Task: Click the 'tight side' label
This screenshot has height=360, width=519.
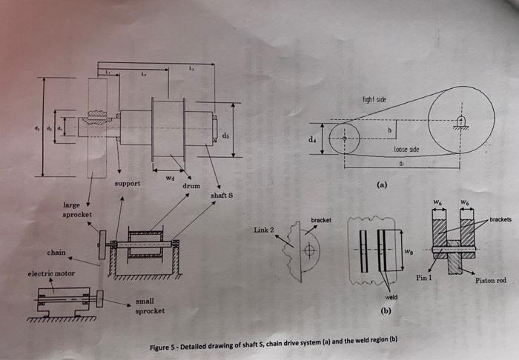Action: [x=374, y=99]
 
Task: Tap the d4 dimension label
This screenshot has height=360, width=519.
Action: [x=312, y=139]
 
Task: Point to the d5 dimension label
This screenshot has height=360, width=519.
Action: [x=225, y=135]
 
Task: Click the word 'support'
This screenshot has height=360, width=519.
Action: [x=128, y=182]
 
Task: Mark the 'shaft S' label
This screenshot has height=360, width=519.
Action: [x=222, y=196]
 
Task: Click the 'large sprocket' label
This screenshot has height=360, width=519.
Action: [x=76, y=209]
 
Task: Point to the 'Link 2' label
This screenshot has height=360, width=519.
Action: [x=264, y=230]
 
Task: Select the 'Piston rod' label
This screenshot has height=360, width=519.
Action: [x=489, y=280]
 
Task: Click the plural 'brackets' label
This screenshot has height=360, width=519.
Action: [x=500, y=220]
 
